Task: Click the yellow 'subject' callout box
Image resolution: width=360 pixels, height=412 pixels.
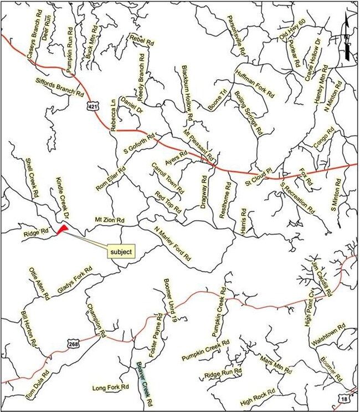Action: pos(121,251)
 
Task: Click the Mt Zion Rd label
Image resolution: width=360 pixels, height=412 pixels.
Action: pos(110,220)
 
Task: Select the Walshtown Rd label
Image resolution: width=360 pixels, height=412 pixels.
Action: pos(331,337)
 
